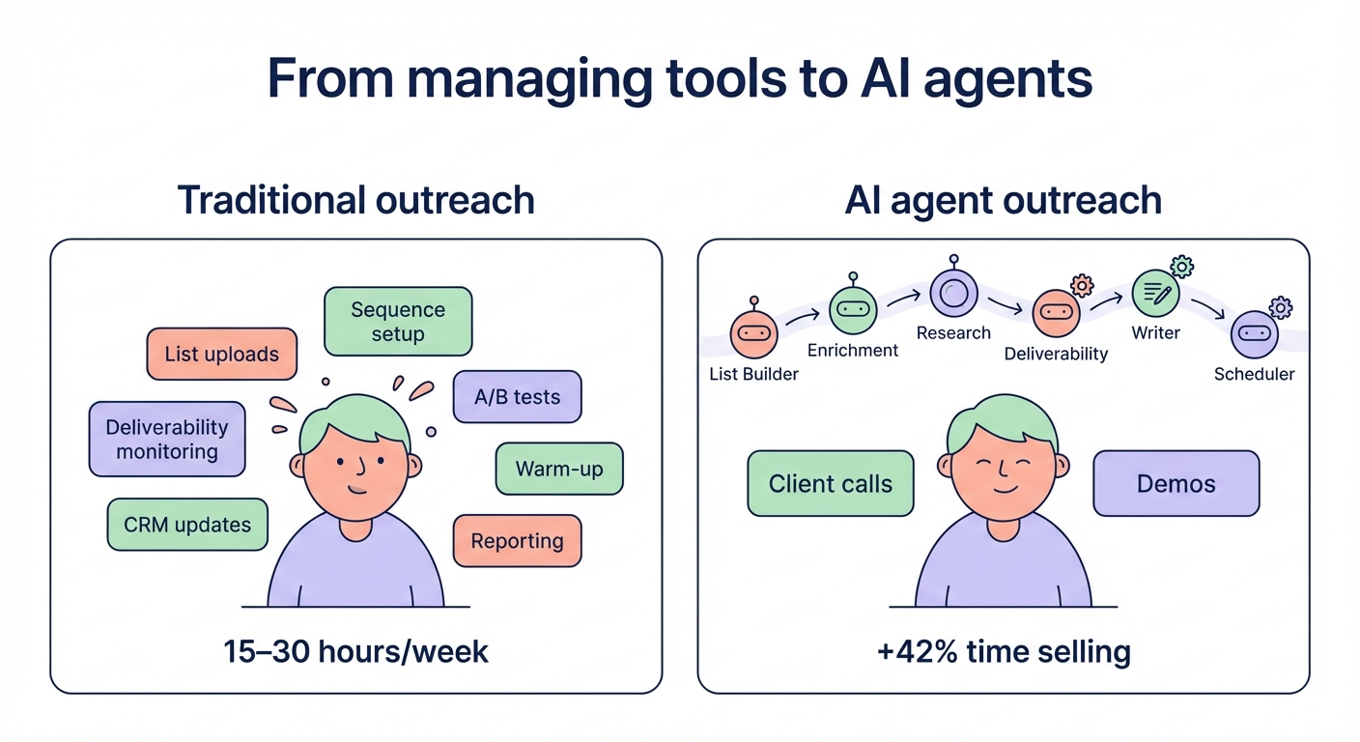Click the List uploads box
(221, 354)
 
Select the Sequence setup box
(398, 322)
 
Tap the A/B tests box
(517, 397)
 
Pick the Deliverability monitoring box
(167, 440)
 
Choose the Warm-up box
(559, 470)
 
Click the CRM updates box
(187, 525)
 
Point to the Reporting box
(517, 540)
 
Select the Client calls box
(831, 483)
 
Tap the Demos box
(1176, 483)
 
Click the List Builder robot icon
(753, 332)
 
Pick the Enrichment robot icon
(853, 310)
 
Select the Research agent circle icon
(953, 292)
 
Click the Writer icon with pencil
(1154, 293)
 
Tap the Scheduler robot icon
(1254, 333)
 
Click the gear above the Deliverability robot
(1082, 285)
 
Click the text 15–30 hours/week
(355, 651)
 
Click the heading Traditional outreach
(355, 200)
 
